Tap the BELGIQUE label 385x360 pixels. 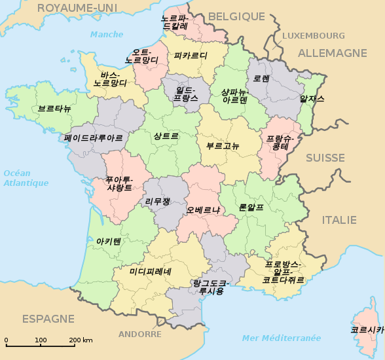tap(236, 16)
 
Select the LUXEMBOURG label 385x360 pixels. tap(313, 35)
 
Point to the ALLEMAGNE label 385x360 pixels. tap(333, 53)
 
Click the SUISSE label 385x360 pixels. tap(325, 158)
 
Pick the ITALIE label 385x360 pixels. tap(339, 220)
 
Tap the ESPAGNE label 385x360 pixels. tap(48, 319)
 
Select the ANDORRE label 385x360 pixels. tap(140, 334)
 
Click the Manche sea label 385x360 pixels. tap(107, 34)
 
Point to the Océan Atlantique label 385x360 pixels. tap(26, 178)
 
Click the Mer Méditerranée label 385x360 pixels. tap(282, 338)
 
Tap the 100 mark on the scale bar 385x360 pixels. tap(41, 340)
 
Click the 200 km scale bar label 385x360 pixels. tap(81, 340)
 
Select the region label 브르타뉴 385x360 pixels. tap(54, 108)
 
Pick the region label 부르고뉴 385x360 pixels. tap(223, 145)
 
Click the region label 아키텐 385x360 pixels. tap(109, 241)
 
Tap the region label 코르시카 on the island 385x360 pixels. tap(367, 330)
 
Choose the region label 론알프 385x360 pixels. tap(251, 207)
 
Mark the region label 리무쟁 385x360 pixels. tap(157, 201)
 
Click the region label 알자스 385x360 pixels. tap(312, 99)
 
